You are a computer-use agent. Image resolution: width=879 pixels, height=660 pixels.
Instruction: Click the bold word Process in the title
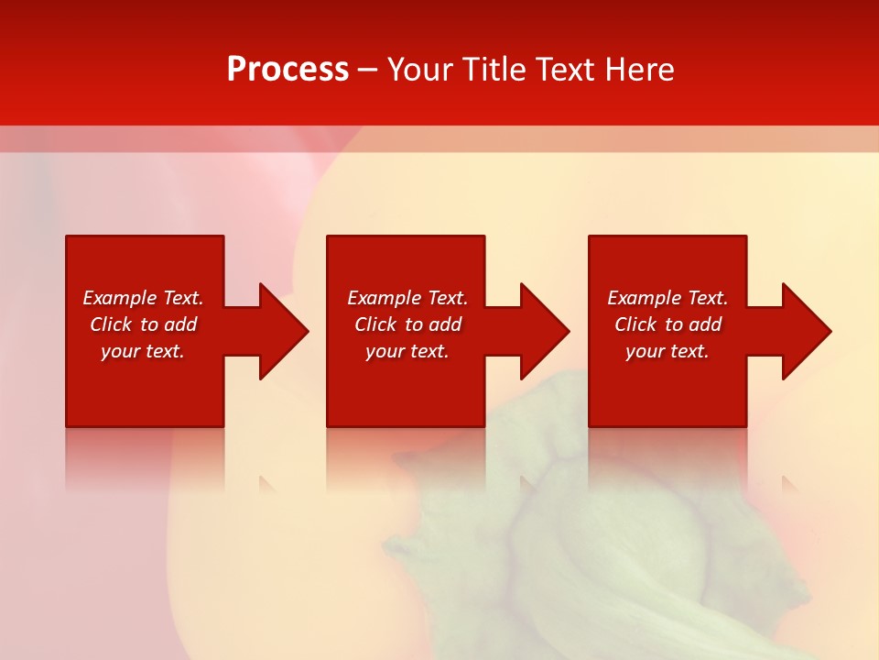(x=288, y=69)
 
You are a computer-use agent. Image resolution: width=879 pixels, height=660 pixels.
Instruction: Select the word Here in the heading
(x=638, y=69)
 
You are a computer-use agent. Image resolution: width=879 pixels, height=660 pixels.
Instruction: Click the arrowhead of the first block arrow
(x=284, y=331)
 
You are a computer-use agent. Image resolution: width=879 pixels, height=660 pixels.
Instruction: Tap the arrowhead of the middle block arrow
(x=545, y=331)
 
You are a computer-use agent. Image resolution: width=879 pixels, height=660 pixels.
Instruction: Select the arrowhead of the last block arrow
(x=807, y=331)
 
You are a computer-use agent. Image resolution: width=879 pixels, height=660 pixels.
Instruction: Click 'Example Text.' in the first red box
(x=143, y=298)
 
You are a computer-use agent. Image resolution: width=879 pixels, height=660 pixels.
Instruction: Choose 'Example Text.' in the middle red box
(x=407, y=298)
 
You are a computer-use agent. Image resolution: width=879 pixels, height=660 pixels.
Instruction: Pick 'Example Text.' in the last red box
(x=667, y=298)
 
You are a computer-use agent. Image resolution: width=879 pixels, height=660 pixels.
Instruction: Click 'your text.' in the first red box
(x=143, y=351)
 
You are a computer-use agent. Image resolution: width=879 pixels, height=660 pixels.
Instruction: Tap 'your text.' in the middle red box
(x=407, y=351)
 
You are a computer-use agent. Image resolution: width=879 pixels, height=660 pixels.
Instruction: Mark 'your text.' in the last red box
(x=667, y=351)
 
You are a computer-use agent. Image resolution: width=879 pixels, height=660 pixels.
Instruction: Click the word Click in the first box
(x=112, y=324)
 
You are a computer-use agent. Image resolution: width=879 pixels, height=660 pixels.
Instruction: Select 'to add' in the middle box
(x=433, y=324)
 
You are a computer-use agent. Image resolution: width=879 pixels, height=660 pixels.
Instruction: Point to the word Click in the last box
(x=636, y=324)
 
